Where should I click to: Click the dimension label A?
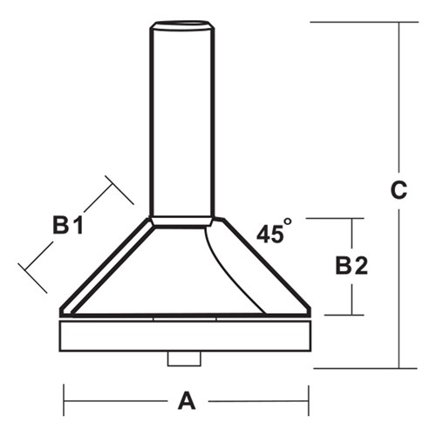point(186,401)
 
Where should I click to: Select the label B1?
point(67,226)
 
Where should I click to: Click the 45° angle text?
point(274,233)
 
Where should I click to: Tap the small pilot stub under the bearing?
point(184,358)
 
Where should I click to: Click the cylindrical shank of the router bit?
point(181,122)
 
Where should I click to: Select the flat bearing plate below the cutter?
point(185,336)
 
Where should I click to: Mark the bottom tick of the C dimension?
point(358,368)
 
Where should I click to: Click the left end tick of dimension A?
point(64,401)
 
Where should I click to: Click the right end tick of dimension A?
point(309,401)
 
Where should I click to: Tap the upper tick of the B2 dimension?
point(333,218)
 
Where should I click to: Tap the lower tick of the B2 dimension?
point(333,314)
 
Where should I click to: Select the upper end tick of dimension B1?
point(119,190)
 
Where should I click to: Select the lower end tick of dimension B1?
point(32,278)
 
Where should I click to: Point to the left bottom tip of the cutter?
point(61,311)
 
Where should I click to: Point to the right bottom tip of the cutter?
point(309,311)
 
